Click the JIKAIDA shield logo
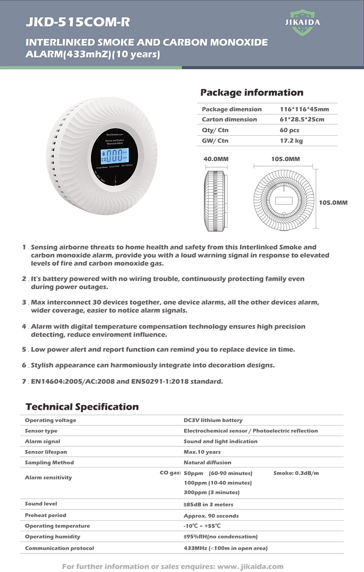tap(302, 23)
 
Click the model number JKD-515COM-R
tap(78, 22)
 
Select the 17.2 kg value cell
tap(291, 141)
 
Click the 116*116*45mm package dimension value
tap(304, 109)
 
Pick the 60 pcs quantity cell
tap(289, 130)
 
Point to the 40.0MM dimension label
tap(216, 159)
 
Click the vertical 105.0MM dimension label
tap(333, 203)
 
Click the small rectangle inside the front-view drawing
tap(284, 200)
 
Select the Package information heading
tap(252, 93)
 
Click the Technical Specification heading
tap(82, 407)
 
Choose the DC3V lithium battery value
tap(213, 420)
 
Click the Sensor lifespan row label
tap(46, 452)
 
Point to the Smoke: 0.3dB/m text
tap(296, 473)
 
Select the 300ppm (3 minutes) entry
tap(211, 492)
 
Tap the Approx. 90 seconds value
tap(211, 516)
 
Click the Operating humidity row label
tap(52, 536)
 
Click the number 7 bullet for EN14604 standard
tap(24, 381)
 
